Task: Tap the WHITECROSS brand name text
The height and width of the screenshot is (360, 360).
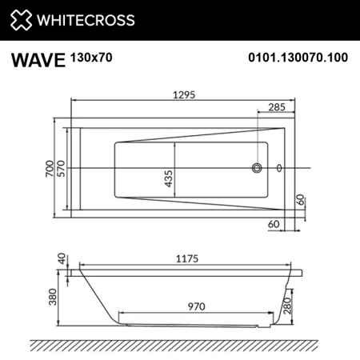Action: coord(84,20)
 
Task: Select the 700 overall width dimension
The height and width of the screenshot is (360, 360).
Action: coord(50,168)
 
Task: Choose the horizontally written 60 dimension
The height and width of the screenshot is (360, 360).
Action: coord(274,224)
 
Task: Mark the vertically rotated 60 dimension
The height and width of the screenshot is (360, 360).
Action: coord(301,200)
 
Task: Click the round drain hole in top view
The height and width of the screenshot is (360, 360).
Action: coord(258,168)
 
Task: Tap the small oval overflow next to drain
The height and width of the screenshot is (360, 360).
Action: coord(278,168)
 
